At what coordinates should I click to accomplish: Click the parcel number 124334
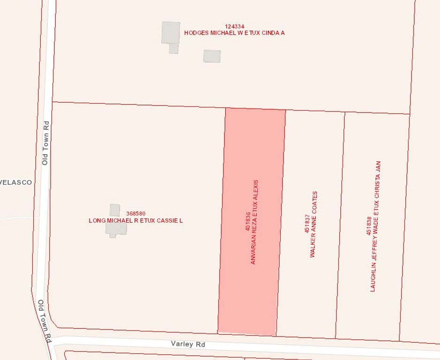tap(234, 27)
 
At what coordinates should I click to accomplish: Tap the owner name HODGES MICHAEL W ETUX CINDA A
tap(234, 33)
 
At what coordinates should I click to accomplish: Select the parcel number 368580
tap(135, 214)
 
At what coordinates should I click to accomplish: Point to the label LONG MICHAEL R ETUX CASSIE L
tap(135, 220)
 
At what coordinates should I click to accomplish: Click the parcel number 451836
tap(247, 222)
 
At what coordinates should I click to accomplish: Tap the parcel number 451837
tap(307, 224)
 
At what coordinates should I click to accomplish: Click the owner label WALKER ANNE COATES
tap(314, 224)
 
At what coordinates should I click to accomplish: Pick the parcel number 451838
tap(369, 226)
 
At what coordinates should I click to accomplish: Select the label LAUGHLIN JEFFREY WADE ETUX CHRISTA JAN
tap(376, 226)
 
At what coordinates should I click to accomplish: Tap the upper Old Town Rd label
tap(45, 143)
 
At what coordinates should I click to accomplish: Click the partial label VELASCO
tap(16, 182)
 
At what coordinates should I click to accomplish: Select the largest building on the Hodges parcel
tap(171, 32)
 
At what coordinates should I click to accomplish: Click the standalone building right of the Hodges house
tap(212, 56)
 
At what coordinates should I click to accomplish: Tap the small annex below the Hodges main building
tap(173, 49)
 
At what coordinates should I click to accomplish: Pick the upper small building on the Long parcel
tap(115, 210)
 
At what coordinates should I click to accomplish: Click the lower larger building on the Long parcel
tap(116, 229)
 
